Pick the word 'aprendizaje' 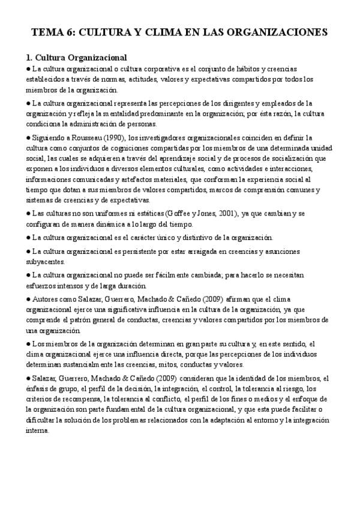(x=185, y=158)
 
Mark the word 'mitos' (x=159, y=364)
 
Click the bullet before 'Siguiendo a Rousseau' (x=28, y=138)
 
